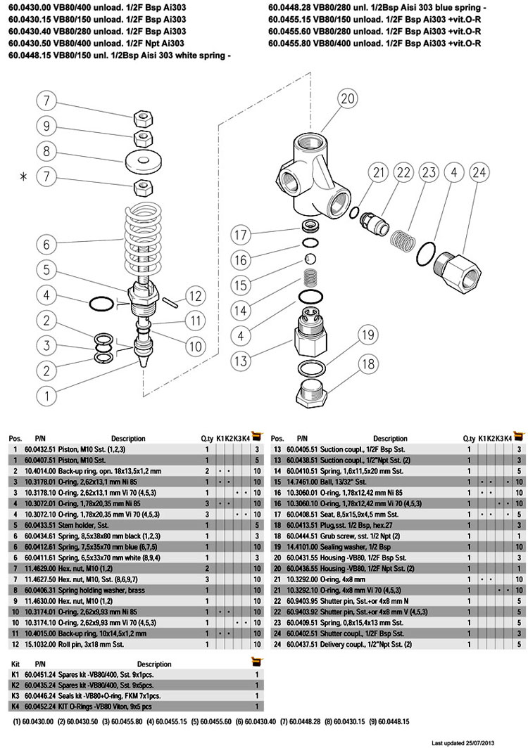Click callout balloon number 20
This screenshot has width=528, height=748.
click(x=347, y=98)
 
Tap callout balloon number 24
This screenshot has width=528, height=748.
click(x=479, y=172)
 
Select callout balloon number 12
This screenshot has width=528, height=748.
click(x=195, y=297)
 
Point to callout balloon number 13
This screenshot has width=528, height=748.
click(x=241, y=361)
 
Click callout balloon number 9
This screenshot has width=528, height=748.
click(x=46, y=127)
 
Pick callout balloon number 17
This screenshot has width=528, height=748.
click(x=241, y=234)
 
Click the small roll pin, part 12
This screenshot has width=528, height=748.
click(x=171, y=301)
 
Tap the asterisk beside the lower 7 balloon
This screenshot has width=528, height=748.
click(x=23, y=177)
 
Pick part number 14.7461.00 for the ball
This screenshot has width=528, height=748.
click(x=303, y=481)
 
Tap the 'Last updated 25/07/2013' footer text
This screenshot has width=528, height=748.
click(x=477, y=742)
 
